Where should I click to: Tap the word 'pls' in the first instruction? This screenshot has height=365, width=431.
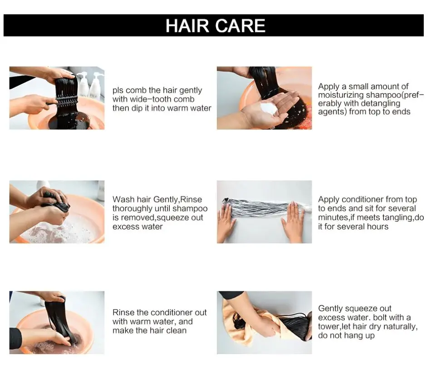click(118, 90)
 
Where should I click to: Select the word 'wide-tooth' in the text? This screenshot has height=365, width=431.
click(153, 99)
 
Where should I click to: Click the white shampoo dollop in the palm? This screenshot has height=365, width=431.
click(269, 109)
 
